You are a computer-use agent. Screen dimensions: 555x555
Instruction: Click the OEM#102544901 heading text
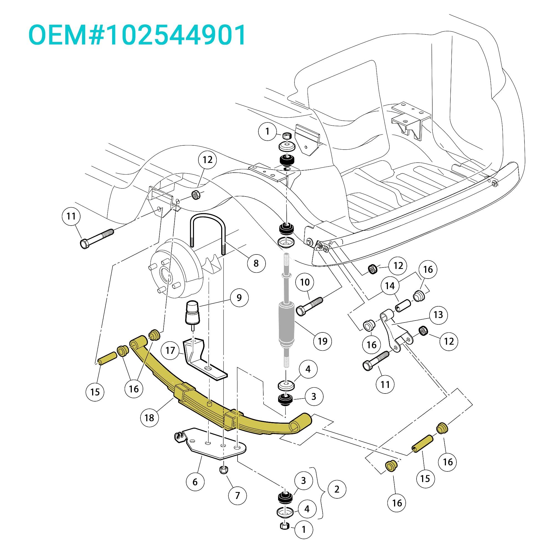pyautogui.click(x=137, y=35)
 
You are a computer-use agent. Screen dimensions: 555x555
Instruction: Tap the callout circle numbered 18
pyautogui.click(x=149, y=418)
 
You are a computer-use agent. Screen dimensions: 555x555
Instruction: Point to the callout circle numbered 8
pyautogui.click(x=256, y=263)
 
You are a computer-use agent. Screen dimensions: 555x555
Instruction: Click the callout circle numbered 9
pyautogui.click(x=239, y=297)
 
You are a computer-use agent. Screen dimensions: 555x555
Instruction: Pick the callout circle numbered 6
pyautogui.click(x=195, y=482)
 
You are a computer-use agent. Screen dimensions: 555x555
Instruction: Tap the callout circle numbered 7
pyautogui.click(x=237, y=495)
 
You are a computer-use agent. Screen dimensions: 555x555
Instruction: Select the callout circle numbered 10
pyautogui.click(x=305, y=282)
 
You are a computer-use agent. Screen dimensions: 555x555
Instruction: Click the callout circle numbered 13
pyautogui.click(x=438, y=315)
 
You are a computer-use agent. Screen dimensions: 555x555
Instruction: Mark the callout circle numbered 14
pyautogui.click(x=390, y=286)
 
